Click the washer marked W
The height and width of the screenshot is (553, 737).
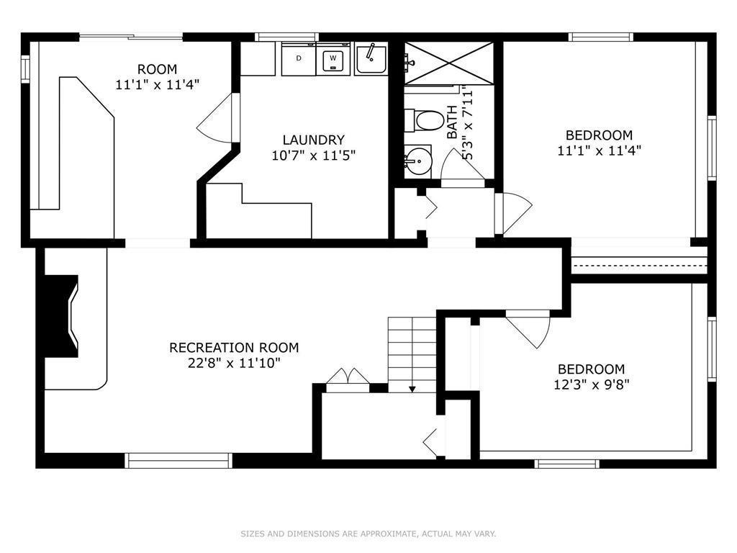click(x=333, y=59)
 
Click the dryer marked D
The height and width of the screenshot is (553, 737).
click(x=299, y=59)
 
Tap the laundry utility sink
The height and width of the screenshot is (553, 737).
click(x=371, y=58)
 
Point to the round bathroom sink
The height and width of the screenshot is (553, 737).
click(x=418, y=161)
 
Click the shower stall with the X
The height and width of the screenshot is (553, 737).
click(x=449, y=63)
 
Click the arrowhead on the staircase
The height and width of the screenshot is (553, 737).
click(x=412, y=389)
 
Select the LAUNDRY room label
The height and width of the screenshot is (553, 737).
click(x=314, y=140)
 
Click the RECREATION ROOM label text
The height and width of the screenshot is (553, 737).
click(x=234, y=348)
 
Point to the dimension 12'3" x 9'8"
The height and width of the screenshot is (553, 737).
click(x=592, y=385)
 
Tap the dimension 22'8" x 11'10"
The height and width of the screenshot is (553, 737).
click(x=234, y=363)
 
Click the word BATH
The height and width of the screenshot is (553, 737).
click(x=452, y=122)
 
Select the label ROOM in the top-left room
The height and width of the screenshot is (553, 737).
click(x=158, y=69)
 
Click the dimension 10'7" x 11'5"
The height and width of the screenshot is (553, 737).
click(x=314, y=155)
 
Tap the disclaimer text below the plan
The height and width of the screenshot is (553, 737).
click(x=368, y=534)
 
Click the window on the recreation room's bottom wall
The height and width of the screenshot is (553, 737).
click(x=178, y=461)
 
